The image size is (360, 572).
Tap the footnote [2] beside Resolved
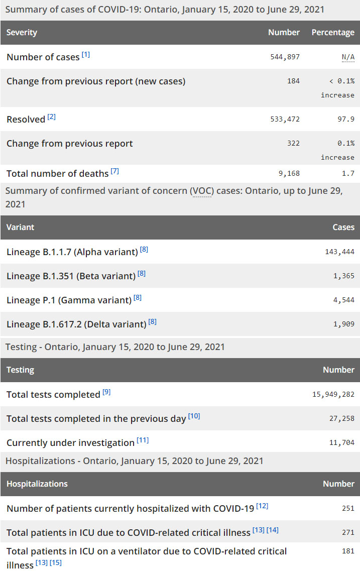click(x=52, y=118)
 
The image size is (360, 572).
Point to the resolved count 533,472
click(x=285, y=120)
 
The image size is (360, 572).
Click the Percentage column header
click(x=333, y=33)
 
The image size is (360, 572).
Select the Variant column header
click(x=21, y=227)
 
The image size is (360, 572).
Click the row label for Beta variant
click(x=71, y=276)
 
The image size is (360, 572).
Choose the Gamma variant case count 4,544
click(x=344, y=300)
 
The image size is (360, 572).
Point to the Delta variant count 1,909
click(x=344, y=324)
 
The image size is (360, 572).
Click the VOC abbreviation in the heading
click(x=201, y=191)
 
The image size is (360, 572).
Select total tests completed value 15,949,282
click(x=333, y=395)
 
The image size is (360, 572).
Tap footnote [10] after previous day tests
click(x=194, y=416)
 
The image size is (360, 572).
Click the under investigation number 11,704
click(x=342, y=443)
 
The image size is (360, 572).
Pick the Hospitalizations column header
click(x=37, y=484)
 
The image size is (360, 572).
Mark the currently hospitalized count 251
click(x=348, y=509)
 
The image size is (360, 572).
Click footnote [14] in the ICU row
click(x=273, y=530)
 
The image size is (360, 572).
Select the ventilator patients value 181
click(x=348, y=551)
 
